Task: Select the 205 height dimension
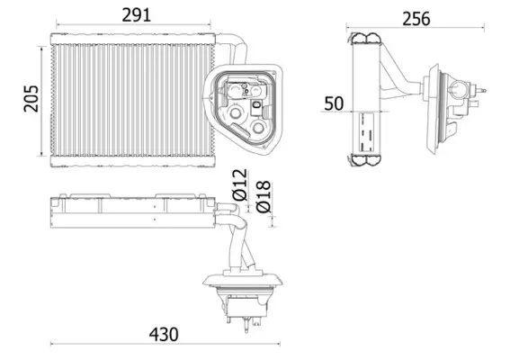(x=31, y=98)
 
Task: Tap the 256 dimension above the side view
(x=415, y=18)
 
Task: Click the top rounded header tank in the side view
(x=366, y=39)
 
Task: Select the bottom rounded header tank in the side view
(x=366, y=158)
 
